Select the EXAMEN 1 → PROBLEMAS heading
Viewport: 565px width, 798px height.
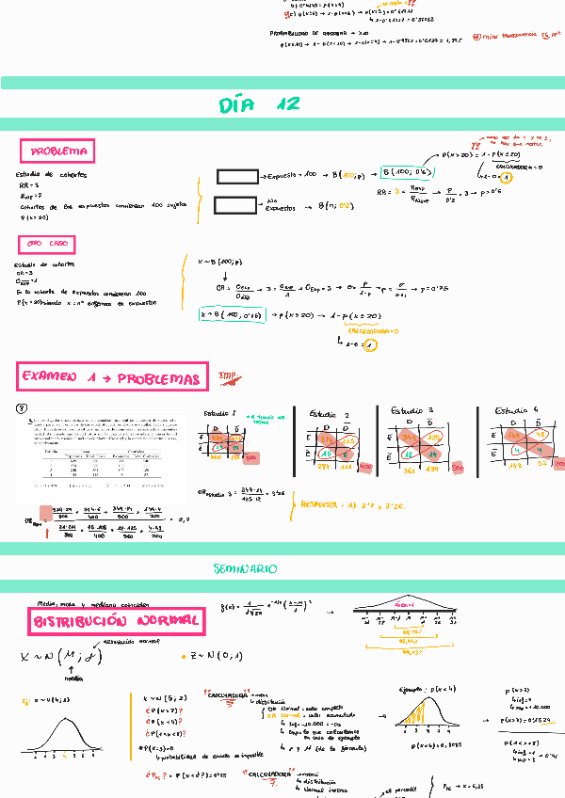112,378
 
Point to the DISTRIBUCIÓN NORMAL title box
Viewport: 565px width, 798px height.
117,621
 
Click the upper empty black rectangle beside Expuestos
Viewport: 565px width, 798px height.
237,176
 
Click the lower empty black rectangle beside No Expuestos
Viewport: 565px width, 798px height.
237,204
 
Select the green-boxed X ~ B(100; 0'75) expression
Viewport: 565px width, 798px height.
233,315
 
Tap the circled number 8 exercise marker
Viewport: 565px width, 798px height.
22,408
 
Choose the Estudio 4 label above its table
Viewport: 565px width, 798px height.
516,411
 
